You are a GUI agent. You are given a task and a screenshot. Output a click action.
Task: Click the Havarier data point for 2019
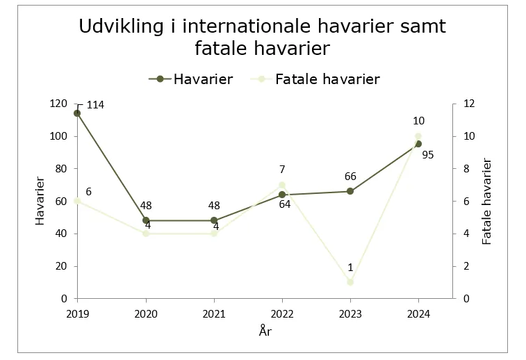77,113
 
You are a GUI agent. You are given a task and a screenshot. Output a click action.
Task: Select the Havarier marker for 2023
350,191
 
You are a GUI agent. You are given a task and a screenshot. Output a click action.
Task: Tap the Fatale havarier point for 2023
350,282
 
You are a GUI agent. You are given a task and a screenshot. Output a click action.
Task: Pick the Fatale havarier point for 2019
77,201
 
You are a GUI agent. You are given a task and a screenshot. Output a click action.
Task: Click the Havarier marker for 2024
418,144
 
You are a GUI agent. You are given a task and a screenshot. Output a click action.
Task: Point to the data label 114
96,105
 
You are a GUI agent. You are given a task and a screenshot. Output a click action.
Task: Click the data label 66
350,177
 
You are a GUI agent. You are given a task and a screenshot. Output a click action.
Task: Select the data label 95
428,155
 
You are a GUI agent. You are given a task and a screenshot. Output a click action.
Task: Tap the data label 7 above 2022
283,170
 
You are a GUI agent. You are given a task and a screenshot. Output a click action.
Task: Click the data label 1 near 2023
350,268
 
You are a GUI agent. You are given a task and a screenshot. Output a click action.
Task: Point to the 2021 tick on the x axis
214,313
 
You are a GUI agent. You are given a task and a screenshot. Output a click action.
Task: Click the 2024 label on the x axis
418,313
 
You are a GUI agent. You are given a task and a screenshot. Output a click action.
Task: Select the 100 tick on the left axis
60,136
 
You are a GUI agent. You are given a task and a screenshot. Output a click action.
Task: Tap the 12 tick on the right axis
469,104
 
